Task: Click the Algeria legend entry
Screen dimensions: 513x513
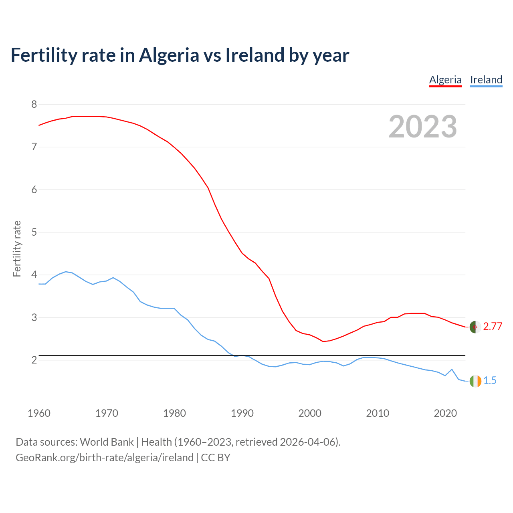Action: tap(445, 80)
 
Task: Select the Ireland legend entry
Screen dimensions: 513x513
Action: tap(486, 80)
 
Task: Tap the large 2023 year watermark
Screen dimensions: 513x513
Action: tap(423, 127)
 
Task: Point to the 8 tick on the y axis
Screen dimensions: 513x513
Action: tap(34, 105)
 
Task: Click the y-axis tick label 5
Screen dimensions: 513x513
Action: tap(34, 232)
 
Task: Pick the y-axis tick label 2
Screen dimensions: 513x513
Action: tap(34, 360)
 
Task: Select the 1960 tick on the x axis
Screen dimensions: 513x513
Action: tap(39, 413)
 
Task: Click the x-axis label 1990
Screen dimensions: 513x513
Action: tap(242, 413)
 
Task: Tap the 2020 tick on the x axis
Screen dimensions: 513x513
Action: tap(445, 413)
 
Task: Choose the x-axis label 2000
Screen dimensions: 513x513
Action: tap(310, 413)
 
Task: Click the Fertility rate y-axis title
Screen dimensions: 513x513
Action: tap(17, 248)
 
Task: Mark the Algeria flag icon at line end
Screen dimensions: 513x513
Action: tap(475, 327)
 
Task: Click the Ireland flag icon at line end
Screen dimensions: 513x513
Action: tap(475, 381)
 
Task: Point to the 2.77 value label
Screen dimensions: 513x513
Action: tap(493, 327)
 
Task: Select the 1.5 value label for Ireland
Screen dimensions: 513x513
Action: tap(490, 381)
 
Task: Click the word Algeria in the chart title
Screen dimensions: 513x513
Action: tap(169, 55)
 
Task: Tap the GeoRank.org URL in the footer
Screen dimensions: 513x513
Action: tap(104, 458)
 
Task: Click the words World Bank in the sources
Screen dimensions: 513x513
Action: tap(107, 442)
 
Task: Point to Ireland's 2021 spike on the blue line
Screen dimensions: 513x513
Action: tap(452, 369)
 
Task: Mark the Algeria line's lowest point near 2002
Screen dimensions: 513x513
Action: tap(323, 341)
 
